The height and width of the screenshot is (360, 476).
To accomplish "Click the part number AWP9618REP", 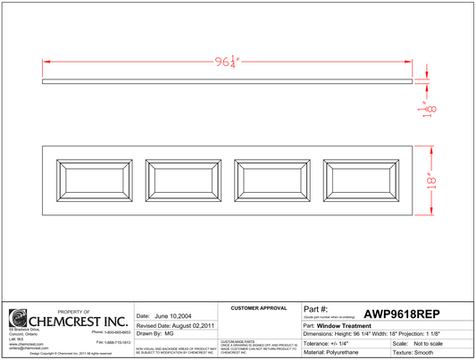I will (x=402, y=313).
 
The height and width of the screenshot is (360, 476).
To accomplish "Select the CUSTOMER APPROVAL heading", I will (x=259, y=307).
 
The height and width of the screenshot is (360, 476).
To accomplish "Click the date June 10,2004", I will (x=162, y=316).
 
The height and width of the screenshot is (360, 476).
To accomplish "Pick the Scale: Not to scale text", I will (x=427, y=343).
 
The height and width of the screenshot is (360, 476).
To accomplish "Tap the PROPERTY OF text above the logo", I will (x=74, y=311).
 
